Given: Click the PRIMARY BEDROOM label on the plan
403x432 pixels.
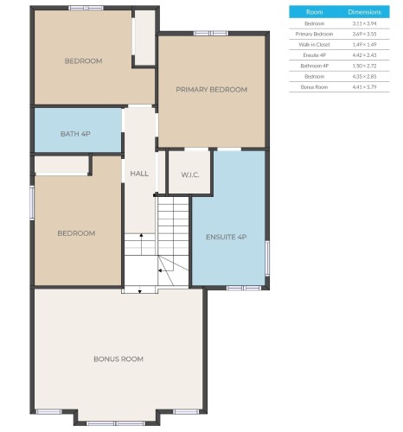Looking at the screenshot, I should tap(211, 90).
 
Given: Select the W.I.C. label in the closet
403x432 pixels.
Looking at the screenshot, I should tap(190, 175).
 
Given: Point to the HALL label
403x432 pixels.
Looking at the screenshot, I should tap(139, 174).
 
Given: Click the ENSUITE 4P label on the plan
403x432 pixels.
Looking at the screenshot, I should tap(227, 237).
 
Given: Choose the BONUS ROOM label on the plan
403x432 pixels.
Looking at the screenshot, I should tap(118, 359).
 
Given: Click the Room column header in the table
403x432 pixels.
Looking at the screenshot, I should tap(315, 12).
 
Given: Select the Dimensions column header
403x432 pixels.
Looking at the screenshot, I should tap(364, 12).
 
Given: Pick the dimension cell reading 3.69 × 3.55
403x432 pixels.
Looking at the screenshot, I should tap(364, 34).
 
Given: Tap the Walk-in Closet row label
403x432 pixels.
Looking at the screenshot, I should tap(315, 44).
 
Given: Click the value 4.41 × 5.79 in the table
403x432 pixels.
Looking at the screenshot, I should tap(364, 87).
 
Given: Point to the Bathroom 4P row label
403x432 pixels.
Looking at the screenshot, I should tap(315, 66).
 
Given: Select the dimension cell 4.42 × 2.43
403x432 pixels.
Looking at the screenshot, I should tap(364, 55).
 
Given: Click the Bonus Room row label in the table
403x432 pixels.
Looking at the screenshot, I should tap(315, 87).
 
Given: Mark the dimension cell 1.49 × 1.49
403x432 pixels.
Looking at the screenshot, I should tap(364, 44).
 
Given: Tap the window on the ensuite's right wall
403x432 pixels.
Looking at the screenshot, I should tap(266, 257).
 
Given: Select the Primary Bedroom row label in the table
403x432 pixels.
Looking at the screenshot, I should tap(315, 34).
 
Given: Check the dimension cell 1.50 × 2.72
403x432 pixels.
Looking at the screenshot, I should tap(364, 66).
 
